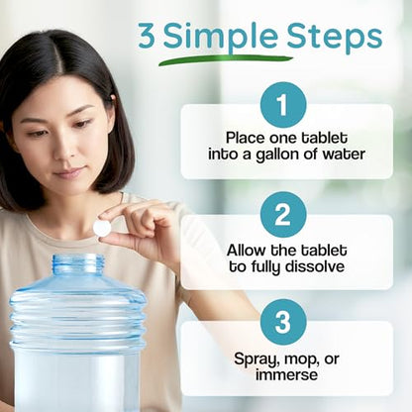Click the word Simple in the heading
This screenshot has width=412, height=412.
tap(220, 37)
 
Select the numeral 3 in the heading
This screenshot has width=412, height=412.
tap(147, 36)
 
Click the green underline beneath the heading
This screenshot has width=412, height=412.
tap(226, 60)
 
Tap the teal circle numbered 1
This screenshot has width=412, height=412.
tap(283, 105)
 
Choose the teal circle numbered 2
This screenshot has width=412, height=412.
tap(283, 215)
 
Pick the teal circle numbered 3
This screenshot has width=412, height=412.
tap(283, 322)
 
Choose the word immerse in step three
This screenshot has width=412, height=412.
tap(286, 374)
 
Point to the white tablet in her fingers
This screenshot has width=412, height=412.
tap(102, 228)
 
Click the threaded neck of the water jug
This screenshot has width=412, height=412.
tap(78, 264)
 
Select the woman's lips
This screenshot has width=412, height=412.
tap(68, 172)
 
